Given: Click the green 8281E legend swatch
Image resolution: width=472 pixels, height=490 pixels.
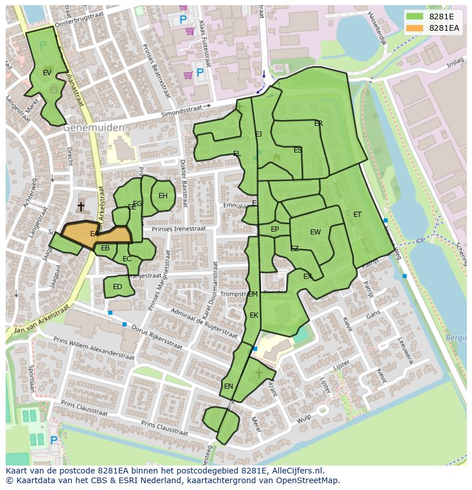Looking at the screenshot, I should pyautogui.click(x=415, y=17).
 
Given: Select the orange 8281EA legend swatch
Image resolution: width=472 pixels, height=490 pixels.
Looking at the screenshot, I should pyautogui.click(x=415, y=28).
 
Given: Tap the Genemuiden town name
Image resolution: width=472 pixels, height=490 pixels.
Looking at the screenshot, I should pyautogui.click(x=93, y=128).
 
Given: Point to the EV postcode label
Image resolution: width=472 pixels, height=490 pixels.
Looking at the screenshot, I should pyautogui.click(x=47, y=73).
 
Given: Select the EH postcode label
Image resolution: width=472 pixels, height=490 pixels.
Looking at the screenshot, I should pyautogui.click(x=163, y=196).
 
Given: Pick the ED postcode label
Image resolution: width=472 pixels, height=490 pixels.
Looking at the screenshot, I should pyautogui.click(x=117, y=287).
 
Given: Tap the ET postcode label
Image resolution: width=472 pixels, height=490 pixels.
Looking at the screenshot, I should pyautogui.click(x=357, y=215).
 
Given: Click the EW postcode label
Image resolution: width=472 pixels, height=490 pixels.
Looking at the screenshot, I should pyautogui.click(x=315, y=232).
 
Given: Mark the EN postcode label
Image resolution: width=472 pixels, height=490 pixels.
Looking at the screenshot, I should pyautogui.click(x=229, y=386).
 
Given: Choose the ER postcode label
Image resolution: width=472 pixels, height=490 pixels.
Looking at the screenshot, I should pyautogui.click(x=319, y=123).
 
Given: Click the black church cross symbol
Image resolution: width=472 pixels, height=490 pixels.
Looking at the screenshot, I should pyautogui.click(x=81, y=206).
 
